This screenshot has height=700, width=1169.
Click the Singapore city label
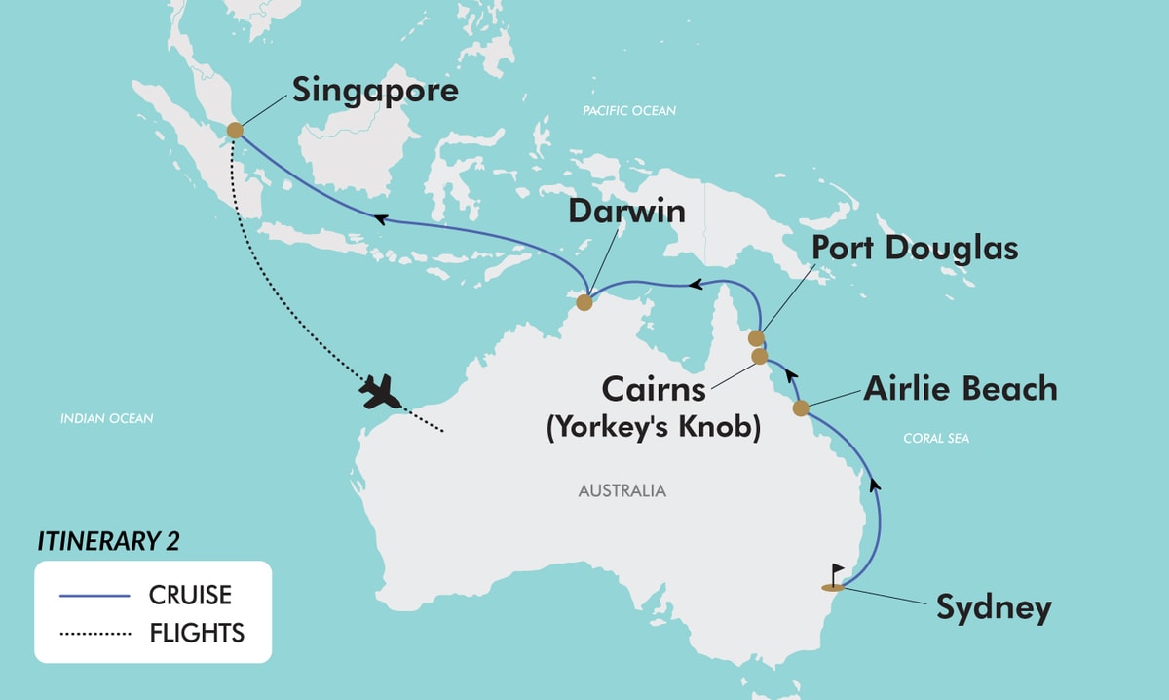click(375, 92)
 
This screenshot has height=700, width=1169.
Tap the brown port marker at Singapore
click(235, 130)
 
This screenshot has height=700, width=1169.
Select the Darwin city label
click(628, 212)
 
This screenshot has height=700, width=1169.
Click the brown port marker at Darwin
click(584, 302)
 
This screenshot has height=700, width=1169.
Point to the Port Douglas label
click(915, 248)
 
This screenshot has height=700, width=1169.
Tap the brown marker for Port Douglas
click(756, 338)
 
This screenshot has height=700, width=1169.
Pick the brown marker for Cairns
click(760, 356)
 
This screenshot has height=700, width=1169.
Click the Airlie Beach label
click(960, 388)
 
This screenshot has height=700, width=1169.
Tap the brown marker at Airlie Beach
click(801, 408)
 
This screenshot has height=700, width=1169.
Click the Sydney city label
click(994, 607)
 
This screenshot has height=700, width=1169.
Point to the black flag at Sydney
click(836, 572)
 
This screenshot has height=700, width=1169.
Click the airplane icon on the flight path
click(380, 392)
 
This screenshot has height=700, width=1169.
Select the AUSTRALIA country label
click(622, 490)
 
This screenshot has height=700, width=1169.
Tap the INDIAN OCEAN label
click(107, 419)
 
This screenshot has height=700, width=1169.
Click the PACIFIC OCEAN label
click(628, 111)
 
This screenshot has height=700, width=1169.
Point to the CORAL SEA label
click(935, 439)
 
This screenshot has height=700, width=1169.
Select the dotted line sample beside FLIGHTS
click(95, 634)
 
